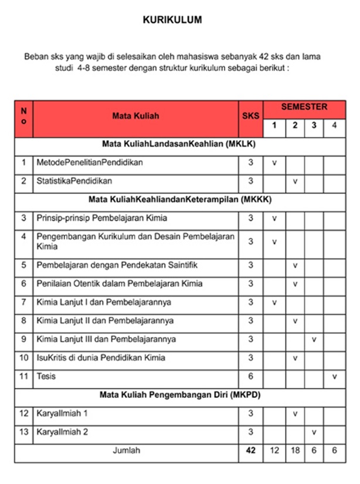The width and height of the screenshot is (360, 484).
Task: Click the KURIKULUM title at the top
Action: [172, 20]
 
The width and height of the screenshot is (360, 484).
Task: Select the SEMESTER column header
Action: [304, 107]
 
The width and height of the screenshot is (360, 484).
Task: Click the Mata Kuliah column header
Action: [135, 116]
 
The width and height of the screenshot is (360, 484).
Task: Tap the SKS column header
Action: [250, 116]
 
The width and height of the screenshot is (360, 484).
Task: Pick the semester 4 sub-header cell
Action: [334, 125]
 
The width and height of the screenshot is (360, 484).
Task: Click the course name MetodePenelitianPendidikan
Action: [90, 162]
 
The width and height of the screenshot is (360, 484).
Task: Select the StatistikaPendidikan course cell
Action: [74, 180]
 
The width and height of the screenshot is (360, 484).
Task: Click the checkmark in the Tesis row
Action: [334, 376]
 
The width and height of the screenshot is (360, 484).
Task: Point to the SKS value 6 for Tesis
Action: [250, 376]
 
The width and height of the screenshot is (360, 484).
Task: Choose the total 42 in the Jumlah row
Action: [250, 451]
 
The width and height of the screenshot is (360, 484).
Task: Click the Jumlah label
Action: [127, 451]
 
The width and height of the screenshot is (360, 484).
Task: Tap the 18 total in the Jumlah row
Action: [295, 451]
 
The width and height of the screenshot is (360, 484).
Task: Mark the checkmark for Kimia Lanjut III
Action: [314, 339]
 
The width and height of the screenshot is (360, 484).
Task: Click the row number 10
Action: [23, 357]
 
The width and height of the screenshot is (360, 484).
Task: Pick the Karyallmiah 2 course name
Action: [62, 432]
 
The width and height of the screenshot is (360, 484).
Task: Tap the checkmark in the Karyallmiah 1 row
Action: [295, 414]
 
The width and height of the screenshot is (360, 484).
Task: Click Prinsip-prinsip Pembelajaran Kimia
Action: [102, 218]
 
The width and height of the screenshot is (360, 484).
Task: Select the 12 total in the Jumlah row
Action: [274, 451]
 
